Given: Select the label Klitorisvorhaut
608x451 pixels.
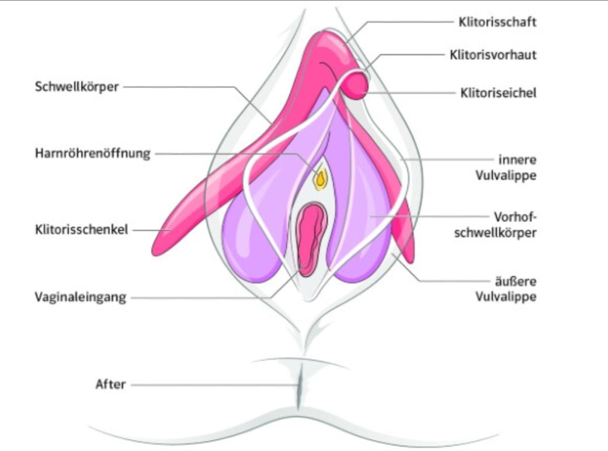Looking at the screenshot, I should [x=493, y=55].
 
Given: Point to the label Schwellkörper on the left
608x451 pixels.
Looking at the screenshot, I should [x=76, y=87].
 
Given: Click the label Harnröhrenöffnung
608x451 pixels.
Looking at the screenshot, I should [x=92, y=154].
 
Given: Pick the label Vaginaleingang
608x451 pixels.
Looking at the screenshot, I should [x=80, y=297].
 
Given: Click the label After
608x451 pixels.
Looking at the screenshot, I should [x=110, y=385].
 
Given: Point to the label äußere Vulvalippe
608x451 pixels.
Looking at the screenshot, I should [x=509, y=288].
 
